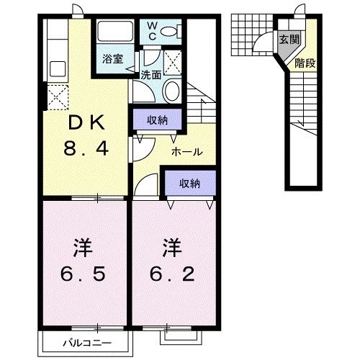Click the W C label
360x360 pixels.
point(152,31)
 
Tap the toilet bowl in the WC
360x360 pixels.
point(168,31)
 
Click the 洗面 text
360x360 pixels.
point(150,73)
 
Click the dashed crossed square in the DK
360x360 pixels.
point(56,94)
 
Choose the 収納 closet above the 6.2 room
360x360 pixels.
point(190,184)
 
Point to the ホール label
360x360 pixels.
point(186,152)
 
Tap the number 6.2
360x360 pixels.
point(171,274)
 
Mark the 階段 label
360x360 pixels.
point(304,63)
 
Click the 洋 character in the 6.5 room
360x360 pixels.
point(81,248)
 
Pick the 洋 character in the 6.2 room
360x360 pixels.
point(171,248)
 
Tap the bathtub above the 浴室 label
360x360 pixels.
point(112,33)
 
